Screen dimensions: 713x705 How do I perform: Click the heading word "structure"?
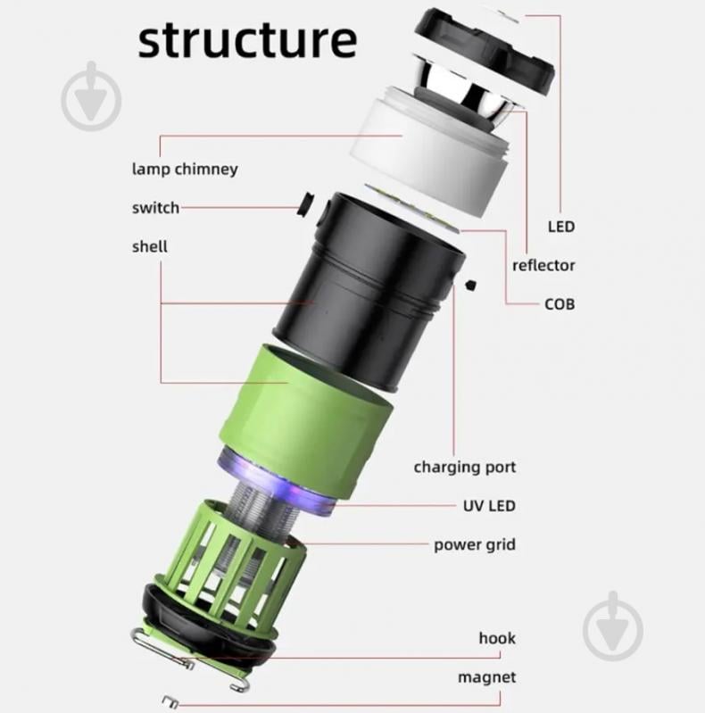click(247, 40)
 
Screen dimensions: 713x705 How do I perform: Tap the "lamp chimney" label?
click(185, 168)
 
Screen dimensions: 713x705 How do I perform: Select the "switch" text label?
click(155, 208)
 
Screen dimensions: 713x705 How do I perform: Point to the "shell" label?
click(149, 245)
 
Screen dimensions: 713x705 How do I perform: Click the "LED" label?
click(560, 227)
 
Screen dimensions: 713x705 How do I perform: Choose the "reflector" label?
click(543, 265)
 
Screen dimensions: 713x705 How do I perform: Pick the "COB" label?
click(560, 304)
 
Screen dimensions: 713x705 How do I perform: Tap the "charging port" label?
click(464, 467)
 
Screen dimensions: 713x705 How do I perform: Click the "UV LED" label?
click(488, 506)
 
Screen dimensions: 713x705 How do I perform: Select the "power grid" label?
click(475, 544)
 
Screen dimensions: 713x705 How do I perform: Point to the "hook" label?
click(497, 638)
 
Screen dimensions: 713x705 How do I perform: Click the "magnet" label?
click(486, 677)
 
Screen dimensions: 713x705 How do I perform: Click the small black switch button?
click(305, 206)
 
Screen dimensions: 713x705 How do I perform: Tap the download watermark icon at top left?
click(91, 96)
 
